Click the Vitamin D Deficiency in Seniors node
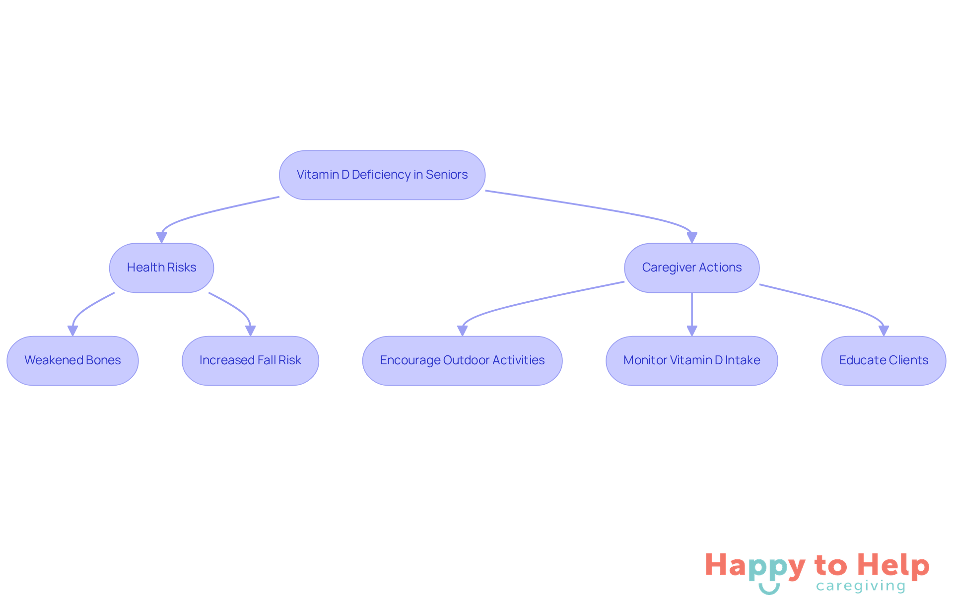point(382,175)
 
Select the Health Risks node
point(161,268)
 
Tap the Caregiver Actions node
point(691,268)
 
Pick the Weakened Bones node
point(72,360)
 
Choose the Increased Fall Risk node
point(250,360)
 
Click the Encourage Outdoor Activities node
point(462,360)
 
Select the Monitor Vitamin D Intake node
point(691,360)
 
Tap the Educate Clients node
point(884,360)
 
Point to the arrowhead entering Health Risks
point(161,238)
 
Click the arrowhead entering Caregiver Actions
point(692,238)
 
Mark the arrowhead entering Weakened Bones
point(72,331)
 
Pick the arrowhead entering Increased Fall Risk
point(250,331)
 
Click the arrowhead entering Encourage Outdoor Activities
point(462,331)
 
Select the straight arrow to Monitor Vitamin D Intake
point(692,313)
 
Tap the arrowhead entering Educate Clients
point(884,331)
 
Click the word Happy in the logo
point(754,566)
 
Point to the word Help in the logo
point(893,565)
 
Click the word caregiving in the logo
point(861,586)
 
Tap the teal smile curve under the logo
point(769,590)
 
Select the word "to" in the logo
point(830,566)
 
